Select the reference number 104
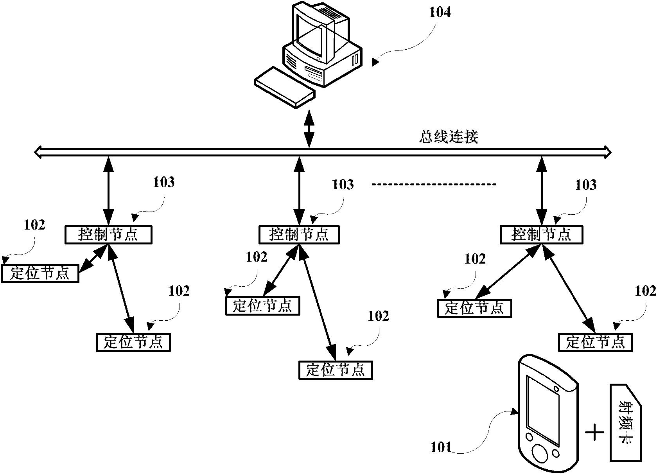(440, 13)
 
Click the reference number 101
(441, 447)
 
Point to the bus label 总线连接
(449, 137)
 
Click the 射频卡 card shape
(625, 428)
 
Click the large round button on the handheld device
(540, 454)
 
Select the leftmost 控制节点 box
(108, 235)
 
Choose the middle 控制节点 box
(299, 235)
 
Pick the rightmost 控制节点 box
(542, 235)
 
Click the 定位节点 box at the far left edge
(39, 273)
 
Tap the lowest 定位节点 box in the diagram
(336, 370)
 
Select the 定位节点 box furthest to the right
(595, 342)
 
